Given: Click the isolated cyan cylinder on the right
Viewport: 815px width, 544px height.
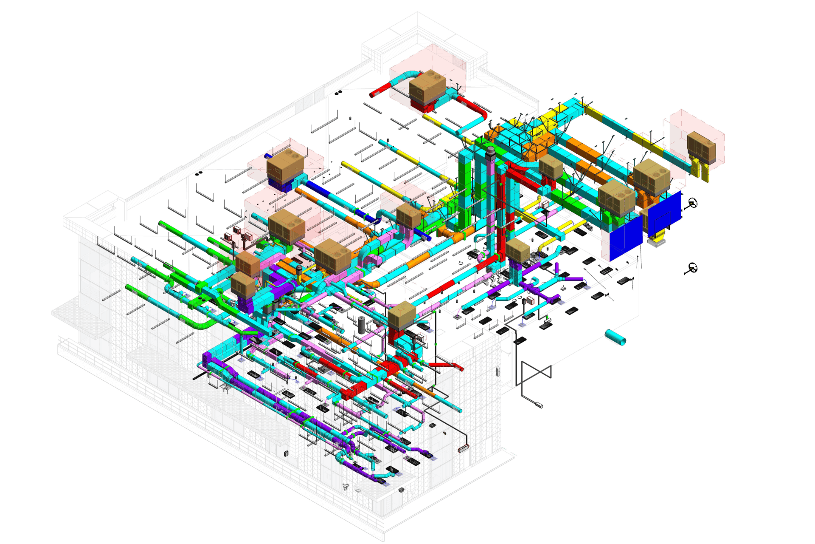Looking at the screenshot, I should click(x=615, y=337).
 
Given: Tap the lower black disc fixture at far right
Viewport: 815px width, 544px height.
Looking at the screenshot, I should click(x=692, y=268).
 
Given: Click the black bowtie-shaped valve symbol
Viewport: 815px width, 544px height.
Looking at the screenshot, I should click(x=537, y=373).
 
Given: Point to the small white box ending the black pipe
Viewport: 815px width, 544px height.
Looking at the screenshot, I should click(x=539, y=405).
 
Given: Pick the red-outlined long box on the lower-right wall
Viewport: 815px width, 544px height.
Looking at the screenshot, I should click(x=464, y=448).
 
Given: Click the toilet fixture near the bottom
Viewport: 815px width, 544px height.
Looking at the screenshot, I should click(x=346, y=487).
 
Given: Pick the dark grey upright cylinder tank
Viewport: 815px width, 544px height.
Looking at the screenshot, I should click(x=362, y=325).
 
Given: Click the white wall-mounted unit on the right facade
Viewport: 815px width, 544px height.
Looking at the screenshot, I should click(x=498, y=371).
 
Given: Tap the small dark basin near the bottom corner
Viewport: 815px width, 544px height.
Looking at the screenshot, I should click(x=401, y=490).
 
